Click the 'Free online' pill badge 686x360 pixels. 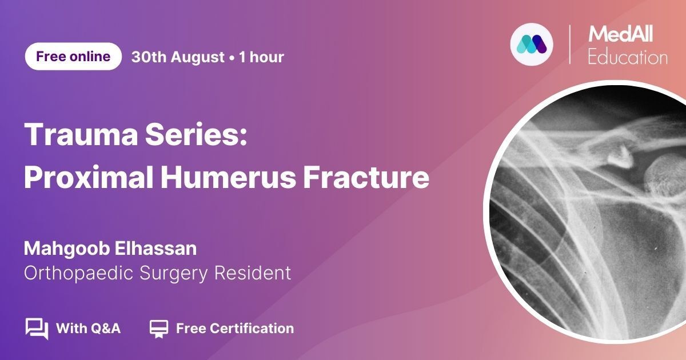[73, 57]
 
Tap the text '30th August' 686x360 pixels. [178, 57]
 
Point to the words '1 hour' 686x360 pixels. [261, 57]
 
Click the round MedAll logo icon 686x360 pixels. [532, 45]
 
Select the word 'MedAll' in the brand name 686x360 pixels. [621, 34]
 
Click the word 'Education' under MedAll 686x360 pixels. [628, 58]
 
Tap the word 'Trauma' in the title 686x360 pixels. [81, 135]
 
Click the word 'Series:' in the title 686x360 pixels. [196, 135]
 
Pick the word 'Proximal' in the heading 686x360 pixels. [89, 177]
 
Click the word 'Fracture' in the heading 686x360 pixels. [366, 177]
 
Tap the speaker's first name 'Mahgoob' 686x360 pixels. [67, 249]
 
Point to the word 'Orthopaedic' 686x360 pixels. [78, 273]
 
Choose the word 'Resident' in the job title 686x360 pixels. [252, 273]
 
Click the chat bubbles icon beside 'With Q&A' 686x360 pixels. [37, 329]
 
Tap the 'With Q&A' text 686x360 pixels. [88, 329]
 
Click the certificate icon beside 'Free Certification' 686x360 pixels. [159, 329]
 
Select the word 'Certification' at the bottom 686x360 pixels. [252, 329]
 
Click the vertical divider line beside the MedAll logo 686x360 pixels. [569, 45]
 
